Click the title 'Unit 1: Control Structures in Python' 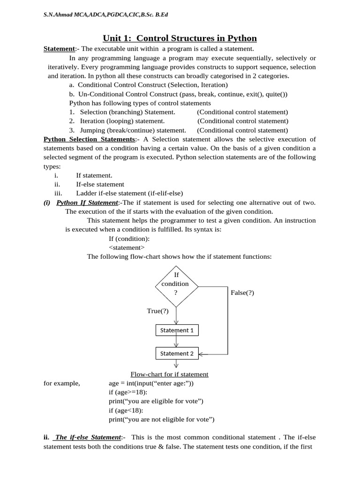click(180, 38)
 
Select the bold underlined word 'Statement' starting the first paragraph click(59, 49)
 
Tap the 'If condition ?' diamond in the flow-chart click(176, 284)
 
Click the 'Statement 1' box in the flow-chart click(177, 330)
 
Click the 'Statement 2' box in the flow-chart click(177, 353)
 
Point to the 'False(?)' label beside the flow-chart click(242, 292)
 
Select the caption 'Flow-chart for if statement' click(169, 374)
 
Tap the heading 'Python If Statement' click(87, 202)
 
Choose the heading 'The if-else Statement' click(88, 437)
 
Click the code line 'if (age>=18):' click(128, 392)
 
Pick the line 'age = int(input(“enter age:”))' click(151, 383)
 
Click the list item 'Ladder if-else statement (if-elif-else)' click(129, 193)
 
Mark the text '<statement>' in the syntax click(127, 247)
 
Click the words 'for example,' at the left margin click(61, 383)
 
